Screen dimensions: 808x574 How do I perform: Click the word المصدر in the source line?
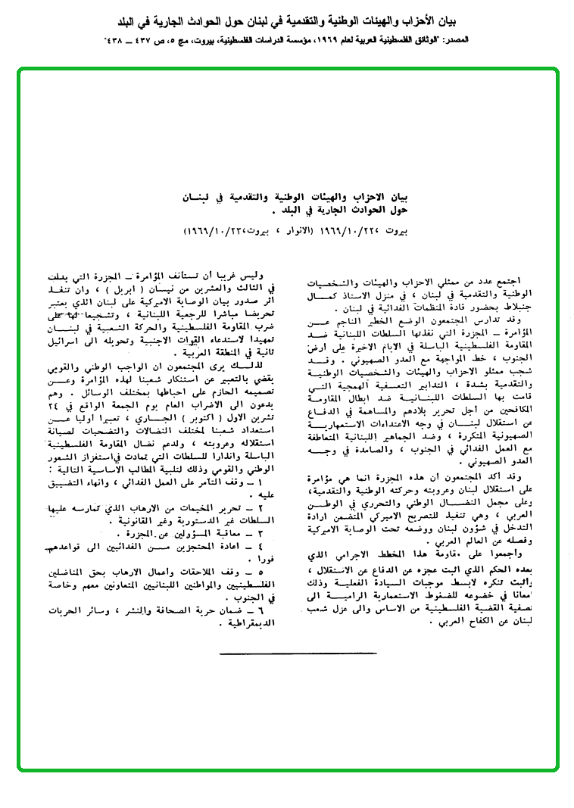coord(541,37)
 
